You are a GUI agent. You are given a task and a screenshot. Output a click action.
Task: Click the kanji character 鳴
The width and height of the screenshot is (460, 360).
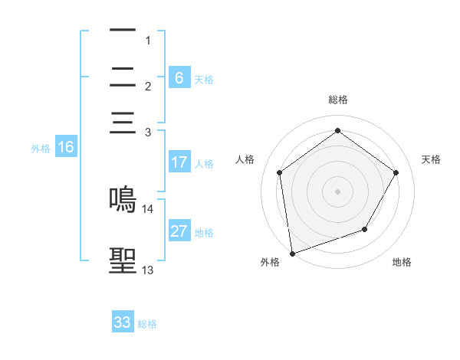(x=123, y=198)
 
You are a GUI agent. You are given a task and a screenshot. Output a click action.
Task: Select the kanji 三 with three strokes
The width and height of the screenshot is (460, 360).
(x=123, y=123)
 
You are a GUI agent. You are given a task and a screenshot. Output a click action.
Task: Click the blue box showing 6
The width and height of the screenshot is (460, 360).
(x=179, y=77)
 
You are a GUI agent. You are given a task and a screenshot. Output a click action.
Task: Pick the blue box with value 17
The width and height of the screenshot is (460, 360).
(x=179, y=162)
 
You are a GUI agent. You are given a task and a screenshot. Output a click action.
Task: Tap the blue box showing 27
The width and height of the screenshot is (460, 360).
(x=179, y=231)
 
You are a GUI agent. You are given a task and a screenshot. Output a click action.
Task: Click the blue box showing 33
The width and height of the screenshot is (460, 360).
(x=123, y=322)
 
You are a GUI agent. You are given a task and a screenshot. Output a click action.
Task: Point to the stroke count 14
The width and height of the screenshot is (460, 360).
(x=148, y=208)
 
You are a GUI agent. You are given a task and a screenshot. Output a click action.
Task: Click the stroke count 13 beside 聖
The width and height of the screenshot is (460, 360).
(x=148, y=270)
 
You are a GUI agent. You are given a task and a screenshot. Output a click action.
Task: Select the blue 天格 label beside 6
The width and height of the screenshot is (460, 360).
(x=204, y=79)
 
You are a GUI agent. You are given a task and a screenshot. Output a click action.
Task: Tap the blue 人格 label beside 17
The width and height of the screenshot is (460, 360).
(x=204, y=164)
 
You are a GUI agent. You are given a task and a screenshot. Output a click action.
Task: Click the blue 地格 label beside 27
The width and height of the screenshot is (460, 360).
(x=204, y=233)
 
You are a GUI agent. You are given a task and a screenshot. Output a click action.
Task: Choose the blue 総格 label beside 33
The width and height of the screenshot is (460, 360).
(x=147, y=324)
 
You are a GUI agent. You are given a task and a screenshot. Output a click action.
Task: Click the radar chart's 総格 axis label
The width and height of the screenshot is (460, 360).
(x=338, y=100)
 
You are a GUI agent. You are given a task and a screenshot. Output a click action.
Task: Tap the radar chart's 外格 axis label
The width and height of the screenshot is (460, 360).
(x=270, y=262)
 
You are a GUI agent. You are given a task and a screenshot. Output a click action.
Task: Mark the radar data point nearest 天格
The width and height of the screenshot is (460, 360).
(x=396, y=172)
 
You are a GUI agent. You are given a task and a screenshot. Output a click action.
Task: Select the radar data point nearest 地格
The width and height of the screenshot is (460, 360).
(x=365, y=229)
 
